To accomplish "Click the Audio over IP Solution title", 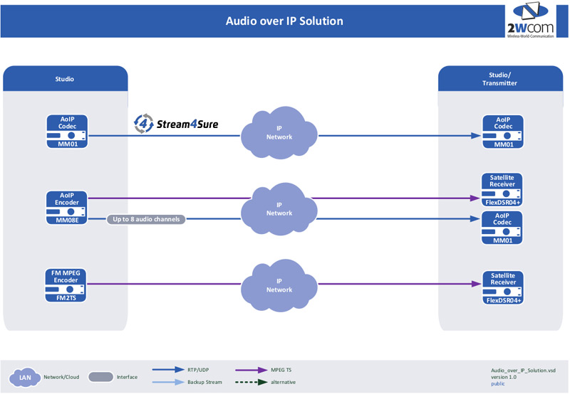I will (284, 21).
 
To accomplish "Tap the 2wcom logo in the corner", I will (533, 20).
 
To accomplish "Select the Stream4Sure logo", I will (176, 124).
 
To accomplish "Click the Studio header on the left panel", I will (65, 79).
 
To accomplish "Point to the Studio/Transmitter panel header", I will (504, 78).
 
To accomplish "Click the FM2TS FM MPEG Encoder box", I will (66, 283).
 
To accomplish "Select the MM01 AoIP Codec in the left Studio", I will (66, 132).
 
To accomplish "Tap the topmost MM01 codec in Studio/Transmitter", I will (503, 132).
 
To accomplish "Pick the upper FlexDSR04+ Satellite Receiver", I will (503, 189).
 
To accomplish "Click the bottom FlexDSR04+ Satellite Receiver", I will (503, 287).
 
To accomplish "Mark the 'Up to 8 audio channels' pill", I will (147, 219).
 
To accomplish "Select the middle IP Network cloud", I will (279, 208).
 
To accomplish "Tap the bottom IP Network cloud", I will (279, 284).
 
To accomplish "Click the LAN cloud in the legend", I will (25, 377).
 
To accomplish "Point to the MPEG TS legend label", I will (281, 370).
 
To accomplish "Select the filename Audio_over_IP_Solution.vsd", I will (523, 370).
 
